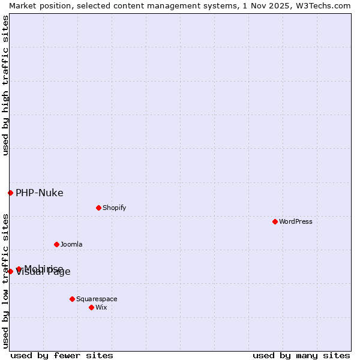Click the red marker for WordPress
point(275,221)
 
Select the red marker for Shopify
point(98,208)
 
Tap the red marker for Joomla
point(56,244)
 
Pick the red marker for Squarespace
point(72,299)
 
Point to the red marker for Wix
point(91,307)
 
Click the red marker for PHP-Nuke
point(10,193)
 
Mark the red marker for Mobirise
point(19,269)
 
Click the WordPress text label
point(296,221)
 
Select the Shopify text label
point(114,208)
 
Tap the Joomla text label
point(71,244)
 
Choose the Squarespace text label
point(97,299)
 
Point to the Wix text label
point(101,307)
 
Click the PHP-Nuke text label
point(40,193)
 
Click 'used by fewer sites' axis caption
point(62,355)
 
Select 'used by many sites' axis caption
point(301,355)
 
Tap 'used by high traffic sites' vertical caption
point(5,85)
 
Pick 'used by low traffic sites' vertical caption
point(5,280)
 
